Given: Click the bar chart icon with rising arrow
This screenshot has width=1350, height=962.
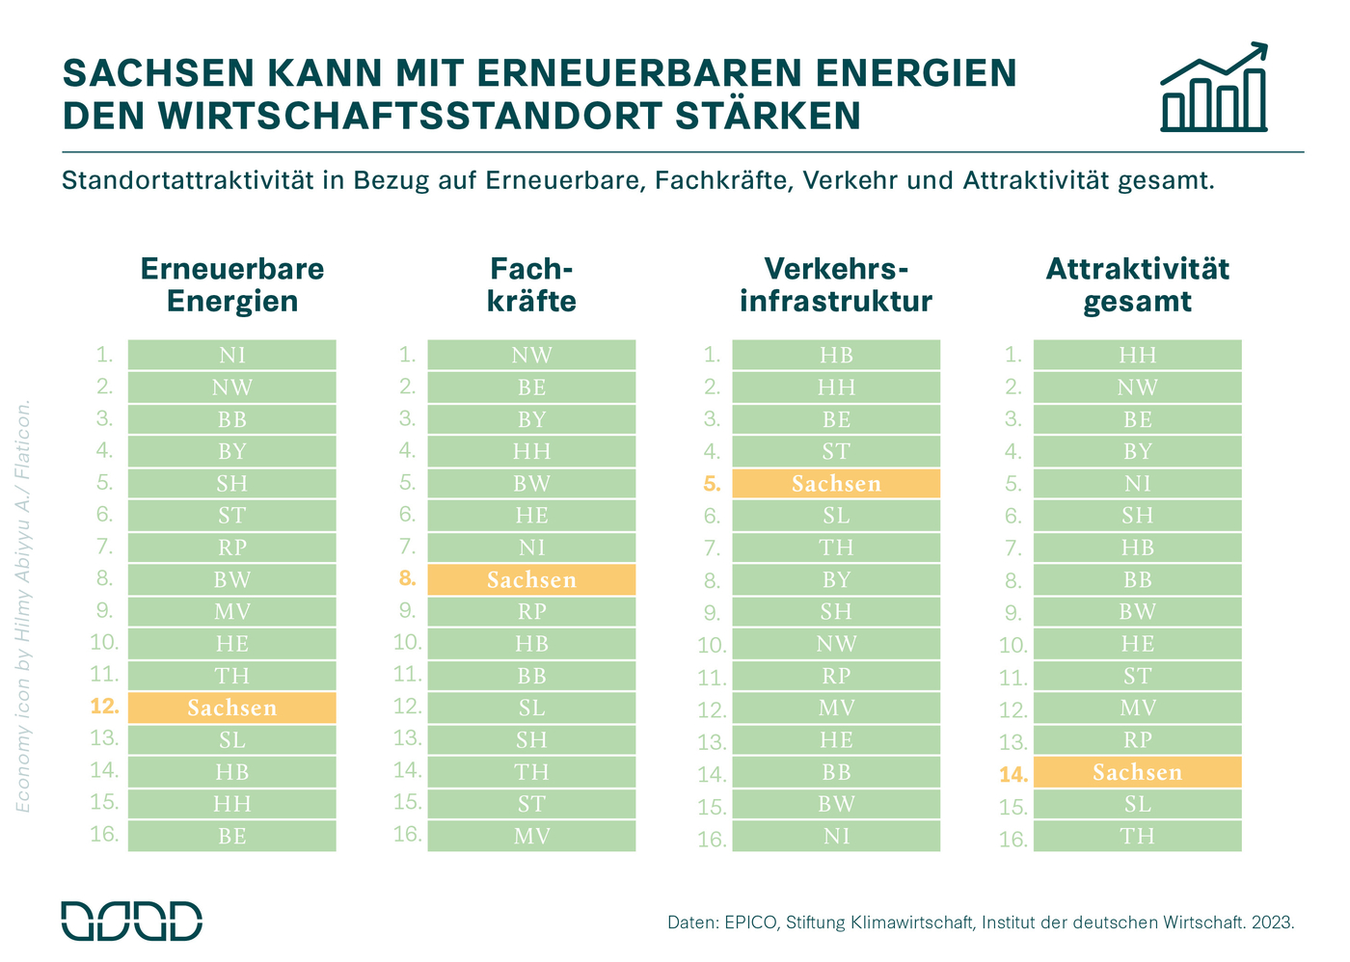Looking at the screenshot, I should point(1213,89).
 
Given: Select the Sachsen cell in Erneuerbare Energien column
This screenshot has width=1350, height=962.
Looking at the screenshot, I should point(231,708).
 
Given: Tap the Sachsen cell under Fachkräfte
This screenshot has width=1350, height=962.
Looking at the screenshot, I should point(531,579).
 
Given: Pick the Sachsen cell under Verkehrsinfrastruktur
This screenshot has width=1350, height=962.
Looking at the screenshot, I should point(836,483).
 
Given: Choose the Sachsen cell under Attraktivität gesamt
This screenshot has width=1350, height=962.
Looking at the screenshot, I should point(1137,772).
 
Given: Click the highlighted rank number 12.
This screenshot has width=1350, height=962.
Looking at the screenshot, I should point(105,707).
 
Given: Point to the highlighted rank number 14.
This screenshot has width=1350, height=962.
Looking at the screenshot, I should point(1013,774).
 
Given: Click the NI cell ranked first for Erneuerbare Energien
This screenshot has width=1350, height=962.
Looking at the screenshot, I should point(231,355).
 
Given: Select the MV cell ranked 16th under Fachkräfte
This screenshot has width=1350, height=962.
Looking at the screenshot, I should point(531,836).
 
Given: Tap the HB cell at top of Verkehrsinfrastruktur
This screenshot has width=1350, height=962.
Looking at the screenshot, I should point(836,355).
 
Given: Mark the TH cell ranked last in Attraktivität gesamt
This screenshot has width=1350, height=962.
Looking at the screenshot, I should point(1137,836).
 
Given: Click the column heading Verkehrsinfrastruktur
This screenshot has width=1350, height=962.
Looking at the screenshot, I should point(836,284).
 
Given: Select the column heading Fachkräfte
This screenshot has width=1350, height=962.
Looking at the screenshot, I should point(531,284).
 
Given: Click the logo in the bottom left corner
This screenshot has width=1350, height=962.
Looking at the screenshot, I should point(132,921).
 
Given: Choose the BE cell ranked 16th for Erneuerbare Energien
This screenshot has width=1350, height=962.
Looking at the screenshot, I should point(231,836).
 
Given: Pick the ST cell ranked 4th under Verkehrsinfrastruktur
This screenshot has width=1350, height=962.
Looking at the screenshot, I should point(836,451).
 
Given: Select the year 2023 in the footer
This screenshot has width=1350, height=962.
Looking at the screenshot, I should point(1272,922).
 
